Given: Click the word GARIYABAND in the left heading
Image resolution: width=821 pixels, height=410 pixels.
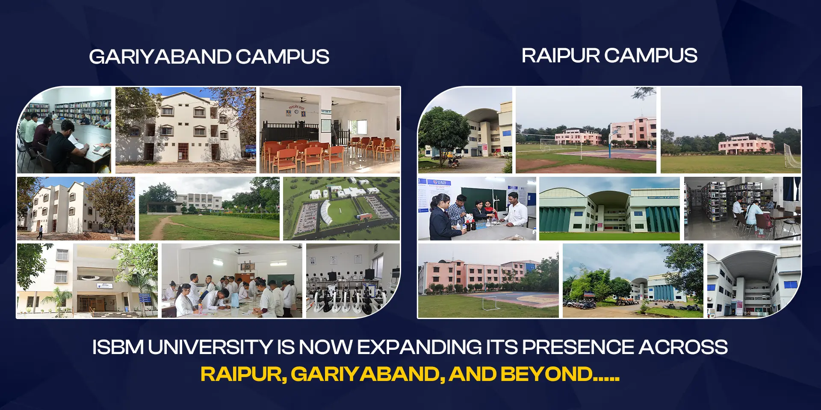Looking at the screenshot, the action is [x=160, y=57].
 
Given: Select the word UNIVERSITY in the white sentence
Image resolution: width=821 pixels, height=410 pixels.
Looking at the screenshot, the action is [x=210, y=347].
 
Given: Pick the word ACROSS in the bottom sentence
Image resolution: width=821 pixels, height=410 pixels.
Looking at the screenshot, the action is [x=683, y=347].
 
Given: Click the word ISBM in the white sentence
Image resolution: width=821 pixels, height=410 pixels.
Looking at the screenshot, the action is [x=118, y=347].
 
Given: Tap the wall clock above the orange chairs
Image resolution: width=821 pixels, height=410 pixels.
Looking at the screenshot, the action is [x=296, y=112].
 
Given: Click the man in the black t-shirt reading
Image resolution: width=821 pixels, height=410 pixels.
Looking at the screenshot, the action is [x=64, y=145].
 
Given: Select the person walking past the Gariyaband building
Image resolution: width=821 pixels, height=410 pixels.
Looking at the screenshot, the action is [x=40, y=232].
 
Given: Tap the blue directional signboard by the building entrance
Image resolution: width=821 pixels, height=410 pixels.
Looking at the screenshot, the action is [x=145, y=298].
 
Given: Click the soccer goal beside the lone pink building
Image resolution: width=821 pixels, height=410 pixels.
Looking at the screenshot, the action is [x=791, y=155].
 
